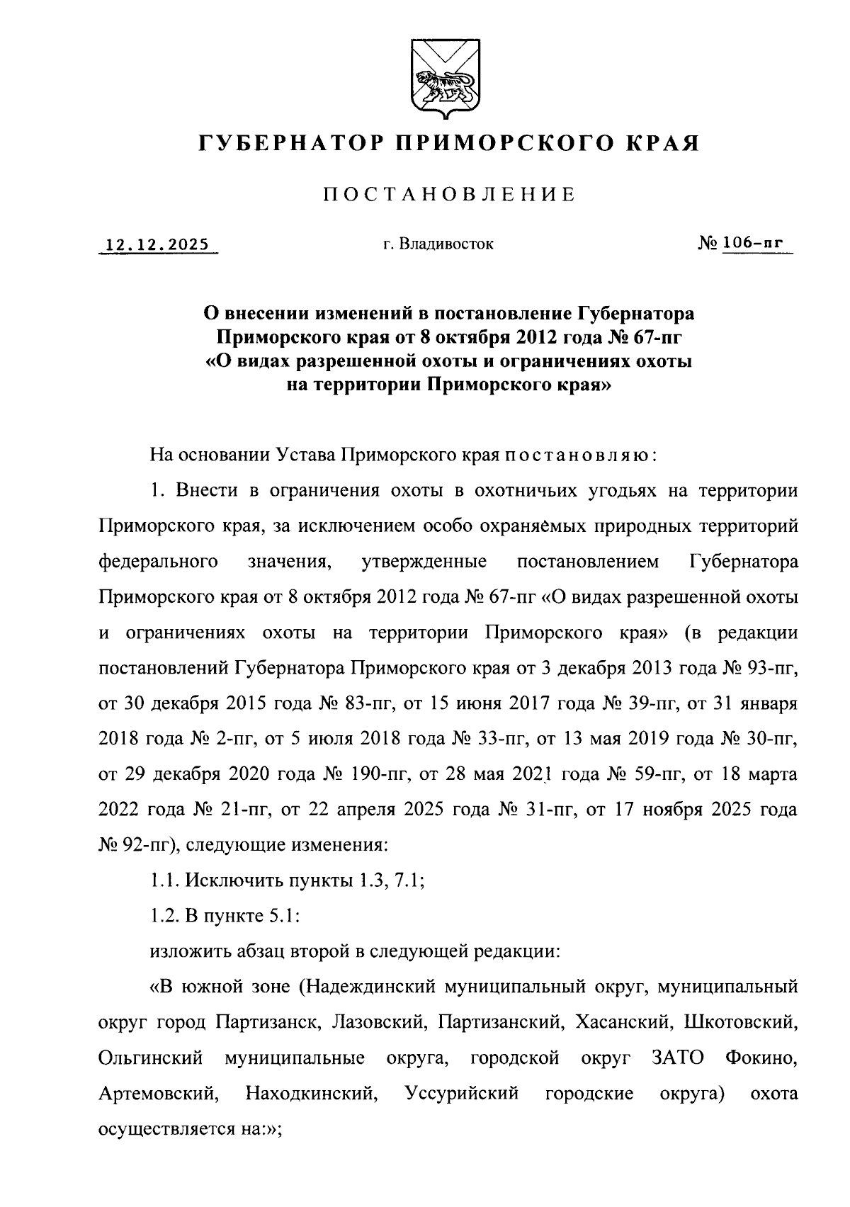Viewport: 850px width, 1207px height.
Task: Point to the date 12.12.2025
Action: click(x=157, y=245)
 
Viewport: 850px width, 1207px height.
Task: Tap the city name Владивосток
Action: click(x=446, y=245)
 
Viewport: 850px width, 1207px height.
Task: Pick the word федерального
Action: click(x=158, y=562)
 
